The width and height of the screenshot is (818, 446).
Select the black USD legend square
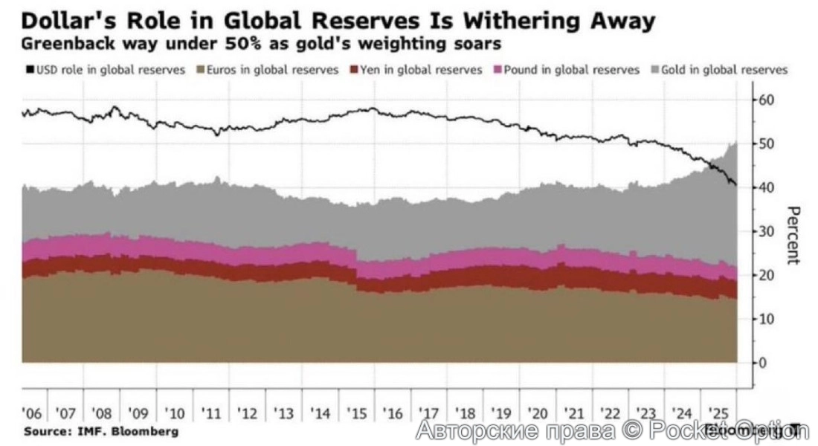(x=29, y=70)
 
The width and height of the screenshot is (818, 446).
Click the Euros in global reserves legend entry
(x=266, y=70)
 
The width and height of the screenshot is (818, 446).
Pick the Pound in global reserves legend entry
(x=566, y=70)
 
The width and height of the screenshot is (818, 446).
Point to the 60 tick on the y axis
(x=767, y=100)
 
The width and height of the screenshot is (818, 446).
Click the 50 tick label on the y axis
(x=767, y=143)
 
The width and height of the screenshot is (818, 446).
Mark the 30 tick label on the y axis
(x=767, y=231)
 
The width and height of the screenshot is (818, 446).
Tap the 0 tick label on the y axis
(x=762, y=363)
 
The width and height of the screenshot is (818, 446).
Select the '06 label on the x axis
(x=32, y=413)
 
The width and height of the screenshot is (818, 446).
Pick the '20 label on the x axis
(x=537, y=413)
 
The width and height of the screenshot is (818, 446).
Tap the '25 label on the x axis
(x=718, y=413)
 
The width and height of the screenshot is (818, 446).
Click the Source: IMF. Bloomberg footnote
(x=101, y=431)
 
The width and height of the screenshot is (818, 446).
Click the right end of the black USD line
(x=736, y=186)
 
